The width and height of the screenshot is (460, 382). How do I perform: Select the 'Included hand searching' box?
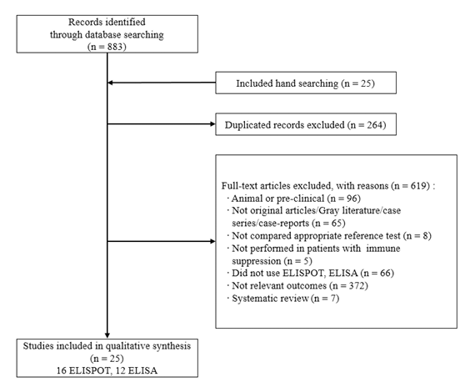point(306,83)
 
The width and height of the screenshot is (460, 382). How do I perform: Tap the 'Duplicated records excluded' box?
point(306,124)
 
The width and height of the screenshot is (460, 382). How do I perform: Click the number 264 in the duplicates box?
point(375,125)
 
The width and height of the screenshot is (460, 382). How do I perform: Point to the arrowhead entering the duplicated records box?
point(212,124)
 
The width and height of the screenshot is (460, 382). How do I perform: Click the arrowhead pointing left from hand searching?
point(110,83)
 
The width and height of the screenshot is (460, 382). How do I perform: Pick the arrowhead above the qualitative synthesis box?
point(107,335)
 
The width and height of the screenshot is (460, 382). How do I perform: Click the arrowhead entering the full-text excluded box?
point(212,241)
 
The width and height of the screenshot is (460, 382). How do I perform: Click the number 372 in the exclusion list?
point(357,285)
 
